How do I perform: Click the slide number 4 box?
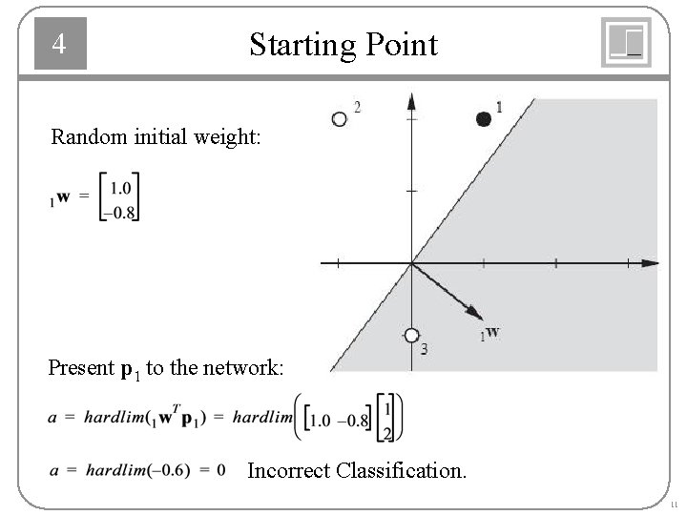click(x=60, y=44)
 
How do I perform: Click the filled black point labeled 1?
click(x=484, y=118)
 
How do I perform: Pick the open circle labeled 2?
click(x=339, y=119)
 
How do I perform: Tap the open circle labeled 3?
click(x=411, y=335)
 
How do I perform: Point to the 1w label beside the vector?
click(x=490, y=334)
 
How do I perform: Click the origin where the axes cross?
click(x=411, y=262)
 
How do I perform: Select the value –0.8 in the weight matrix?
click(x=121, y=212)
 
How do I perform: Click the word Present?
click(x=79, y=367)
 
